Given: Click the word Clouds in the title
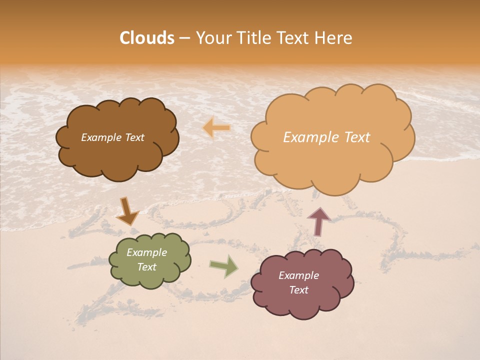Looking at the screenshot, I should pos(147,38).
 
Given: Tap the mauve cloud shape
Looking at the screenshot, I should pos(302,305).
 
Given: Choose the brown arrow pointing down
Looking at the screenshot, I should pos(127,211).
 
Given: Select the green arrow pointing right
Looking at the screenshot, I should pos(224,266).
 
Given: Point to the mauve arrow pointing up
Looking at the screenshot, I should pos(319,221).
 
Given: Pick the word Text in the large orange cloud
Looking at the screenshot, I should pos(356,137).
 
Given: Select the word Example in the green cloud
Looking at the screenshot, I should pos(147,252).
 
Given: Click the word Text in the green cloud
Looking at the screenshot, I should pos(147,267).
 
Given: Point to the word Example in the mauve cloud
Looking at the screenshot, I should pos(298,275).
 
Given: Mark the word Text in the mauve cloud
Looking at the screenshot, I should pos(298,290).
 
